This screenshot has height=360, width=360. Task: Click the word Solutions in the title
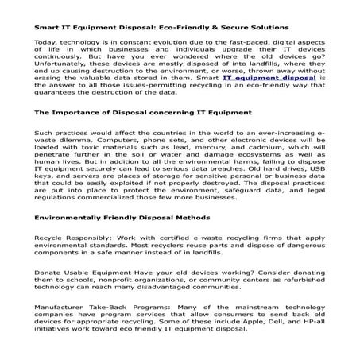point(267,28)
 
